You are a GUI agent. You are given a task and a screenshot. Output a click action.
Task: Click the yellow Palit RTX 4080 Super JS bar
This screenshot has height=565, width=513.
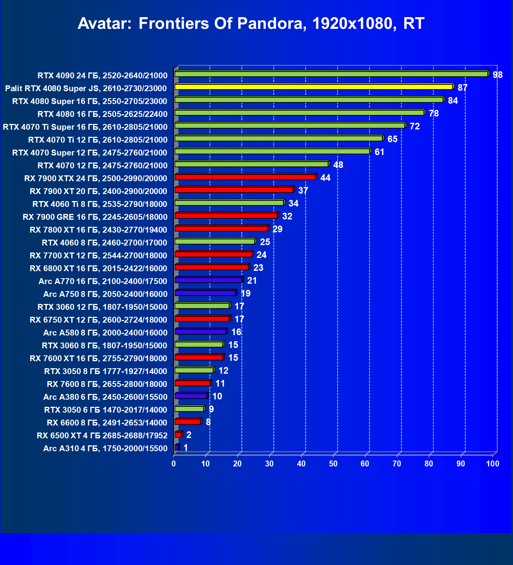click(314, 87)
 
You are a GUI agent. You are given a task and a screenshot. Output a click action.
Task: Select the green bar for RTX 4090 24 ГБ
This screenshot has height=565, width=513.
click(331, 74)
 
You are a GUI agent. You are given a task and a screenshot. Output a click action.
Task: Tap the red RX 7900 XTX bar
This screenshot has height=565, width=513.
click(245, 177)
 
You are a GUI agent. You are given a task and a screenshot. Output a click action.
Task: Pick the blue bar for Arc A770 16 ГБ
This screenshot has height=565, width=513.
click(209, 280)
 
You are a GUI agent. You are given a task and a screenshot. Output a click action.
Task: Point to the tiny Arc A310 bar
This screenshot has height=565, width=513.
click(177, 447)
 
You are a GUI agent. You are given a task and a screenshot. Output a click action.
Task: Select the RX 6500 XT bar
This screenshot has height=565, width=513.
click(178, 434)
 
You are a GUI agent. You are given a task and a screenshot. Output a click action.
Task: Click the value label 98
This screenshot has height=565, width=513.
click(498, 75)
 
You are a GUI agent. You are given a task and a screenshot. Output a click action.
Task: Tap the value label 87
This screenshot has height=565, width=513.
click(462, 88)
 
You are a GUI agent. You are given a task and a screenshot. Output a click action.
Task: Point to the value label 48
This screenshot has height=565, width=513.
click(338, 165)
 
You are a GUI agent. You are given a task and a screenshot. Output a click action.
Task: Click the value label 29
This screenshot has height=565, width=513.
click(277, 229)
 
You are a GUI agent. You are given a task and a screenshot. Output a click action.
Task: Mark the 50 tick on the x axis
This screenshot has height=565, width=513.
click(333, 464)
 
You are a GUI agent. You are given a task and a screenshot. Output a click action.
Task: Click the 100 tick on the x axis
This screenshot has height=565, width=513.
click(493, 464)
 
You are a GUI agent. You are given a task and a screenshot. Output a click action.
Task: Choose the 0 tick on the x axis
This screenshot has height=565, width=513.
click(174, 464)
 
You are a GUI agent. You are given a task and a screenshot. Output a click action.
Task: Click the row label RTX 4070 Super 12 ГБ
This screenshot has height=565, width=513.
click(90, 153)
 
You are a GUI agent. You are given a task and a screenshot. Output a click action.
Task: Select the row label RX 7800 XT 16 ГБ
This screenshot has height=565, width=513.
click(98, 230)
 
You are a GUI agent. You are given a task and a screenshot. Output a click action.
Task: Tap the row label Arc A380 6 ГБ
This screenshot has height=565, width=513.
click(105, 397)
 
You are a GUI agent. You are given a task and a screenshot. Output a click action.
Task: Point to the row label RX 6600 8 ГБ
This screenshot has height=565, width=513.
click(107, 423)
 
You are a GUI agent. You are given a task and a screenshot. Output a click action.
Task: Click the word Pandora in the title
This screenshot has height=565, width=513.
click(269, 23)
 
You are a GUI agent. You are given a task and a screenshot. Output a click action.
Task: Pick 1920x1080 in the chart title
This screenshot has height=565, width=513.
click(354, 23)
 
